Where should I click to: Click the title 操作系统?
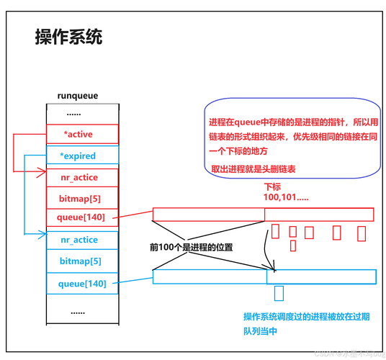pos(68,38)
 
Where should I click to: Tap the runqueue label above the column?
pos(77,95)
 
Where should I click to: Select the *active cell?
pos(78,134)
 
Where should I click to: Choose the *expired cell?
pos(78,156)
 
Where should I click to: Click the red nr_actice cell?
pos(78,177)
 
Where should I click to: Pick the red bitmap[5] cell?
pos(78,197)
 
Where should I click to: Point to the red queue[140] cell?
pos(78,216)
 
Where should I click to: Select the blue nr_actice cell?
pos(78,240)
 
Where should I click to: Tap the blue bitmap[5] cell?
pos(78,261)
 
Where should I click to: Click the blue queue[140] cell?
pos(78,284)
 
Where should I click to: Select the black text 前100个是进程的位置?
pos(191,246)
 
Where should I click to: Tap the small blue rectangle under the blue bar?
pos(279,292)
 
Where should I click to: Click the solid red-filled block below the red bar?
pos(275,233)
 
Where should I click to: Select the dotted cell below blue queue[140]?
pos(78,312)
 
